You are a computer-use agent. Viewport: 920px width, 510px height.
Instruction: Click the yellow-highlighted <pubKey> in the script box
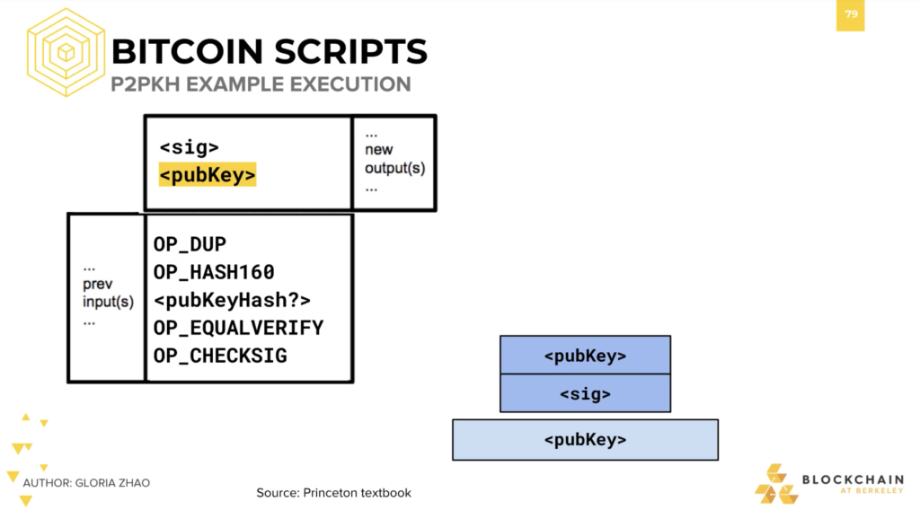coord(208,175)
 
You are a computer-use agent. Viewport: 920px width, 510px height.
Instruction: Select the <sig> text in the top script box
coord(189,147)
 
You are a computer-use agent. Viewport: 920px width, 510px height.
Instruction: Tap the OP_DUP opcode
coord(190,244)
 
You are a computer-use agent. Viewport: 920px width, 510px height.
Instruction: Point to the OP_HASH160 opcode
coord(214,272)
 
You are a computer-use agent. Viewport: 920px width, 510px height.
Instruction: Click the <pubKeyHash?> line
coord(232,300)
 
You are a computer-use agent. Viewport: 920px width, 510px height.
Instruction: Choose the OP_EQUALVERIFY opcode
coord(238,328)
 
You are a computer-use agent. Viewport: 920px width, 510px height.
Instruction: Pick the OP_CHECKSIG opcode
coord(220,356)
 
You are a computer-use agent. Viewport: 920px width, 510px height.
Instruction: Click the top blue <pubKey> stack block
coord(585,356)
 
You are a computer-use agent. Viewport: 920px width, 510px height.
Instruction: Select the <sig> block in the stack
coord(585,393)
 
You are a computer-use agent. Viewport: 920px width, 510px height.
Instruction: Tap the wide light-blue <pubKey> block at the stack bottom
coord(585,440)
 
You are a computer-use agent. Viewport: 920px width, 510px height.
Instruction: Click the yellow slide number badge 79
coord(850,15)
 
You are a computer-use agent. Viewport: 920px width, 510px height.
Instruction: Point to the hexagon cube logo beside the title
coord(66,52)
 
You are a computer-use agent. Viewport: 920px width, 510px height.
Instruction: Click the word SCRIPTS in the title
coord(350,51)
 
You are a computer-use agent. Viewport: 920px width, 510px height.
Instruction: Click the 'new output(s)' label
coord(394,159)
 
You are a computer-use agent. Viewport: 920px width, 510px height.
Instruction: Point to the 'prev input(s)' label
coord(108,293)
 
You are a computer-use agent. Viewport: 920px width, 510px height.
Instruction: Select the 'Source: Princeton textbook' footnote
coord(334,493)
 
